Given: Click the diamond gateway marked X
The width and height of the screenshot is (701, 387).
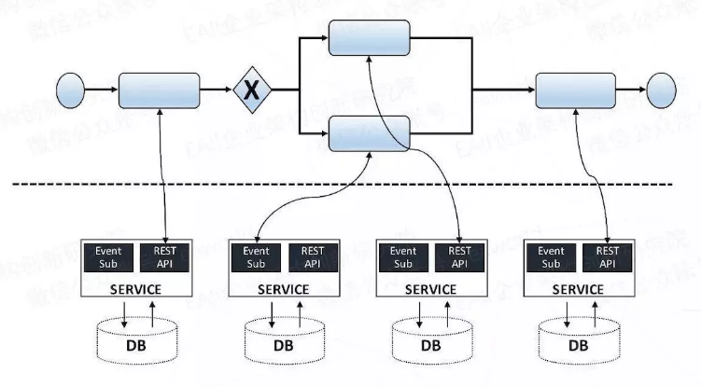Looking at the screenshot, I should [x=249, y=90].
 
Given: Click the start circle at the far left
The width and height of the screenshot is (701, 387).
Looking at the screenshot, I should [x=71, y=90].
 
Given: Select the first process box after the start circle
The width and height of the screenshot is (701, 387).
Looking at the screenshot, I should [x=159, y=90].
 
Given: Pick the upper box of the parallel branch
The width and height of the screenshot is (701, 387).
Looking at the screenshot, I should [x=370, y=35].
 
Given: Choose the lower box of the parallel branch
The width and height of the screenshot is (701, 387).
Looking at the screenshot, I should [x=370, y=134].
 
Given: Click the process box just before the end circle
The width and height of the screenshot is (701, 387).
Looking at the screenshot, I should [x=576, y=90].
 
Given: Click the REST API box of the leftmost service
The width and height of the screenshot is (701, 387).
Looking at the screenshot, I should [x=164, y=256].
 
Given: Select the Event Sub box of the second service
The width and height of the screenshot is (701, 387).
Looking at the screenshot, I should [x=256, y=256].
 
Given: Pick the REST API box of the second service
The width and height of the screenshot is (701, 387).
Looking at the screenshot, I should [x=313, y=256].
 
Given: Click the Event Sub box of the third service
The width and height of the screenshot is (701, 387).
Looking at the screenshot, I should [x=403, y=256].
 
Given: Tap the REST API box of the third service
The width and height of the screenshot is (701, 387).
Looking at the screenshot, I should [x=460, y=256].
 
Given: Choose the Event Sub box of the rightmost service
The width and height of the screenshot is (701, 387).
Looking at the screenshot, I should [x=552, y=256].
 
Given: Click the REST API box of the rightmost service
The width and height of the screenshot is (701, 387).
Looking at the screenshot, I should [x=608, y=256].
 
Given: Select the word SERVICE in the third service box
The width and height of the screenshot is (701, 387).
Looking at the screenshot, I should [x=430, y=289].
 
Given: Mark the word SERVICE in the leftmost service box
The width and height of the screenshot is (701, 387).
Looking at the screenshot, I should [x=135, y=288].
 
